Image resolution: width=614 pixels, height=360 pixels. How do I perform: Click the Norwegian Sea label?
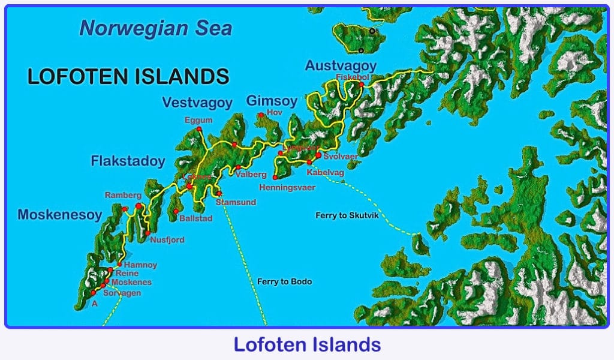coord(155,28)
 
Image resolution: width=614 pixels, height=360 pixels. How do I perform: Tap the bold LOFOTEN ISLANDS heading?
coord(128,77)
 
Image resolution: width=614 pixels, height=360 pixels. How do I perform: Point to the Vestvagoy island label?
coord(197,103)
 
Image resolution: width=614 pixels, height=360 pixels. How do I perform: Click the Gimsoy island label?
coord(272,101)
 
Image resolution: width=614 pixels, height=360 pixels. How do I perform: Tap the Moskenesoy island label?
coord(60,215)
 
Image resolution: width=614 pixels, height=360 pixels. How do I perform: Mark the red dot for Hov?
coord(261,115)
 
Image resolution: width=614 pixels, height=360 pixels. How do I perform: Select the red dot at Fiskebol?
coord(361,85)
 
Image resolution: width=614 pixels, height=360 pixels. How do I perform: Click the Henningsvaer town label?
coord(287,188)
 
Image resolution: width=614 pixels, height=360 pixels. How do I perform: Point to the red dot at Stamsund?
coord(219,194)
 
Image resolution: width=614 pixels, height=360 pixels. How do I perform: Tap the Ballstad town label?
coord(195,219)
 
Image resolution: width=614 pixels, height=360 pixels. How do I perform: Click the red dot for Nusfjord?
coord(148,233)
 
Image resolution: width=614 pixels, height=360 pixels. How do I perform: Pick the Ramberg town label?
coord(123,196)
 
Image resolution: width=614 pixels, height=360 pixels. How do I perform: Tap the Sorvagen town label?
coord(122,293)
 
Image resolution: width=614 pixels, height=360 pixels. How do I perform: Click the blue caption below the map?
coord(307,345)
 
